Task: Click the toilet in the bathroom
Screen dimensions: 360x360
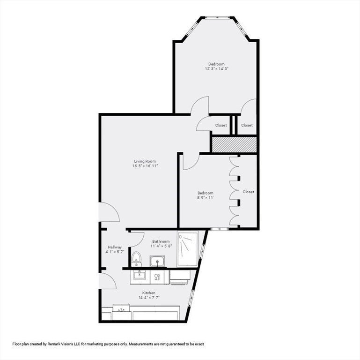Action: pyautogui.click(x=136, y=259)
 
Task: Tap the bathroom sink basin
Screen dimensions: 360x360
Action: pyautogui.click(x=157, y=261)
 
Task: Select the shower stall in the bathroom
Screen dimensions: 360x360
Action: pyautogui.click(x=187, y=249)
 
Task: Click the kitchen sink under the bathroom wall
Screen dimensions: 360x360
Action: pyautogui.click(x=140, y=274)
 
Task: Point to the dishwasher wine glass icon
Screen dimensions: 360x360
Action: pyautogui.click(x=157, y=277)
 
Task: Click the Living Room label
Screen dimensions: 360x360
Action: pyautogui.click(x=145, y=161)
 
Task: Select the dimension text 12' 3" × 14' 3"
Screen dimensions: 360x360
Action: pyautogui.click(x=217, y=68)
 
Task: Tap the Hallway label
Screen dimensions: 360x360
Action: pyautogui.click(x=115, y=247)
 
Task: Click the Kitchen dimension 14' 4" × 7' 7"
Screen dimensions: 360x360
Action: pyautogui.click(x=149, y=298)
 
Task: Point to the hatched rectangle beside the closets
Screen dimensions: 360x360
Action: pyautogui.click(x=234, y=144)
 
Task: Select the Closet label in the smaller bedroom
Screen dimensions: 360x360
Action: pyautogui.click(x=249, y=192)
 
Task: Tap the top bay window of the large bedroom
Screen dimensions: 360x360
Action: pyautogui.click(x=217, y=17)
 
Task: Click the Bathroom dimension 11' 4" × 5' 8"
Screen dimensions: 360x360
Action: pyautogui.click(x=161, y=246)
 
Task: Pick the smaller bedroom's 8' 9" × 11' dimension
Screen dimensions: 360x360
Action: pyautogui.click(x=206, y=197)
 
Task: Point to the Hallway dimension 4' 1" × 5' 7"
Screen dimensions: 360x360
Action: pyautogui.click(x=115, y=252)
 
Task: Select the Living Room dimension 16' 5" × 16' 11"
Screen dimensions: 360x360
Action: pyautogui.click(x=145, y=166)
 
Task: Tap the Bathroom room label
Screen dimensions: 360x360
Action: pyautogui.click(x=161, y=241)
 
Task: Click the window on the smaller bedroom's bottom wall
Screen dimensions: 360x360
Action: pyautogui.click(x=220, y=229)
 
